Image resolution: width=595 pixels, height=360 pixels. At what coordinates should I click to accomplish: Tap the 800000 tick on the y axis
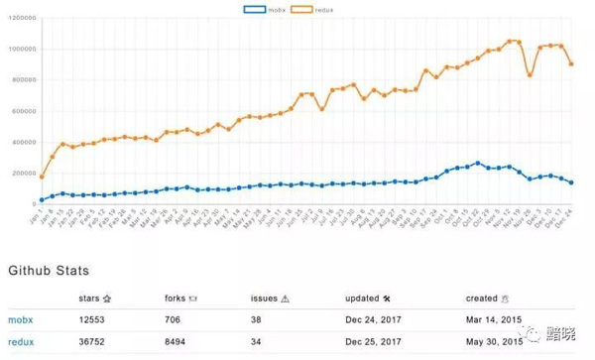[22, 79]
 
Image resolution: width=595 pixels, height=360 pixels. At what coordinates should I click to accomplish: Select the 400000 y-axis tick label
[22, 142]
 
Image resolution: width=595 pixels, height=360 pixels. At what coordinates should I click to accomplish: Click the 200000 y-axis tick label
[22, 173]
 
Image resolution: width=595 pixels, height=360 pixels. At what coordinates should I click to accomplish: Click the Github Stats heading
[50, 270]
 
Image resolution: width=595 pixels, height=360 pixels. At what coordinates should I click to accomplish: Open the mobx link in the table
[21, 320]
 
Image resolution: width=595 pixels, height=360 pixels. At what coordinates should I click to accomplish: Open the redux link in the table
[21, 342]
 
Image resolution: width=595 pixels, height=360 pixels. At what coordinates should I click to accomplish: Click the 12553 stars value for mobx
[93, 320]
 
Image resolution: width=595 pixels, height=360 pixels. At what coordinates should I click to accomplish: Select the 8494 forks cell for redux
[177, 342]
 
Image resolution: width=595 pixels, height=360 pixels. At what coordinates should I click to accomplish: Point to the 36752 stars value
[93, 342]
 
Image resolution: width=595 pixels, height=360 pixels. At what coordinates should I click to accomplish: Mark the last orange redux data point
[571, 63]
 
